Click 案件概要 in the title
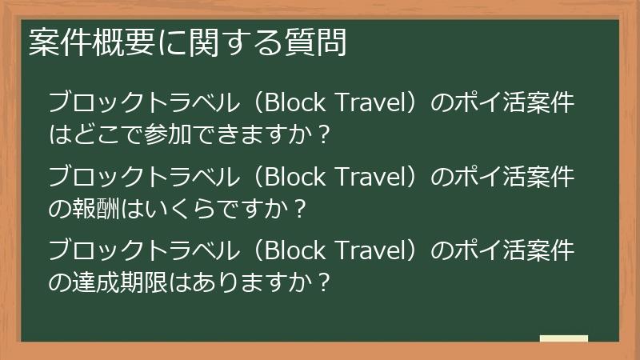tap(80, 44)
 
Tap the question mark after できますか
tap(323, 133)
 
